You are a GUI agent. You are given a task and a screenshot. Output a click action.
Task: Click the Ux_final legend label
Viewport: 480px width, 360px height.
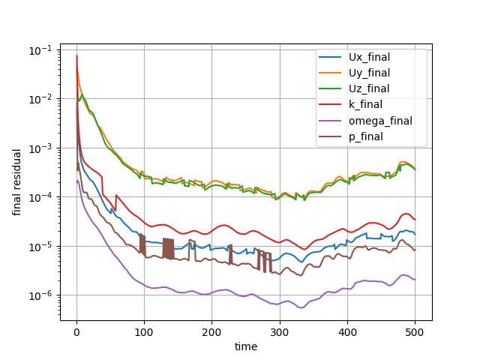coord(369,57)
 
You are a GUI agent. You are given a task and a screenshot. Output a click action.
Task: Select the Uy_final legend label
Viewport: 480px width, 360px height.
coord(369,73)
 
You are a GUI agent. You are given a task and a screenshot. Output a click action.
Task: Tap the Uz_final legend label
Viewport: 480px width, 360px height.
coord(369,88)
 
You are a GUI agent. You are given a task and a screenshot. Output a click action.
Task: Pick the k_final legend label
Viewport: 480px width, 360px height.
coord(365,105)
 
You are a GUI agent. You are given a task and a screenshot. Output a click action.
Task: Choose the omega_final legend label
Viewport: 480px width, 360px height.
coord(380,121)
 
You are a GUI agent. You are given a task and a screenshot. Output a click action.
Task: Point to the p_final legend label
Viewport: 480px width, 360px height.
coord(366,136)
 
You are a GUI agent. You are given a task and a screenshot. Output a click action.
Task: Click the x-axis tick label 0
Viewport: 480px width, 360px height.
coord(76,332)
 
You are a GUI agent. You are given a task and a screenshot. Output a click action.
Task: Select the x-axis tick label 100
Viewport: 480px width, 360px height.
coord(144,332)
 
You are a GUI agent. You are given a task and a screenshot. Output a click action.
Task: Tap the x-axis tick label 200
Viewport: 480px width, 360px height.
coord(211,332)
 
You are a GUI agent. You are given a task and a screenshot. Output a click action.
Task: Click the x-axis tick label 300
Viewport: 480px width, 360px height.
coord(280,332)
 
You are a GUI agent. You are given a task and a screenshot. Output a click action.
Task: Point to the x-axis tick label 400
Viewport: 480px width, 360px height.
coord(347,332)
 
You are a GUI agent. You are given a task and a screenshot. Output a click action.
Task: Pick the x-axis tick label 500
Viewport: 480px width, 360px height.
coord(415,332)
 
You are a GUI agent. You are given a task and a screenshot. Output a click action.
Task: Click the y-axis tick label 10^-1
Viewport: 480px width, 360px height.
coord(40,50)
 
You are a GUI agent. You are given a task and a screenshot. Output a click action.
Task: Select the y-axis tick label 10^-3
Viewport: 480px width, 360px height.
coord(40,148)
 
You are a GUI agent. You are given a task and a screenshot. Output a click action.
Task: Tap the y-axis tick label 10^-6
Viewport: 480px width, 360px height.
coord(40,296)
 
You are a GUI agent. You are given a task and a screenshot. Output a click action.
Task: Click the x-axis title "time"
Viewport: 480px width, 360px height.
coord(246,346)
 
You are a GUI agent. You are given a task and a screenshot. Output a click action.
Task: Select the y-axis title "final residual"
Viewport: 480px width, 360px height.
coord(16,182)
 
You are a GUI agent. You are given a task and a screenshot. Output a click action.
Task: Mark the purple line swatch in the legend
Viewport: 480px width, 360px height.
coord(330,121)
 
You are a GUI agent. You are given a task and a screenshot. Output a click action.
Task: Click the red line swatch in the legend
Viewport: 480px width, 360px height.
coord(330,104)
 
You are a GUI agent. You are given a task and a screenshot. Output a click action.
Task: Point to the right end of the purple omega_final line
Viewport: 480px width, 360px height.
coord(415,280)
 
